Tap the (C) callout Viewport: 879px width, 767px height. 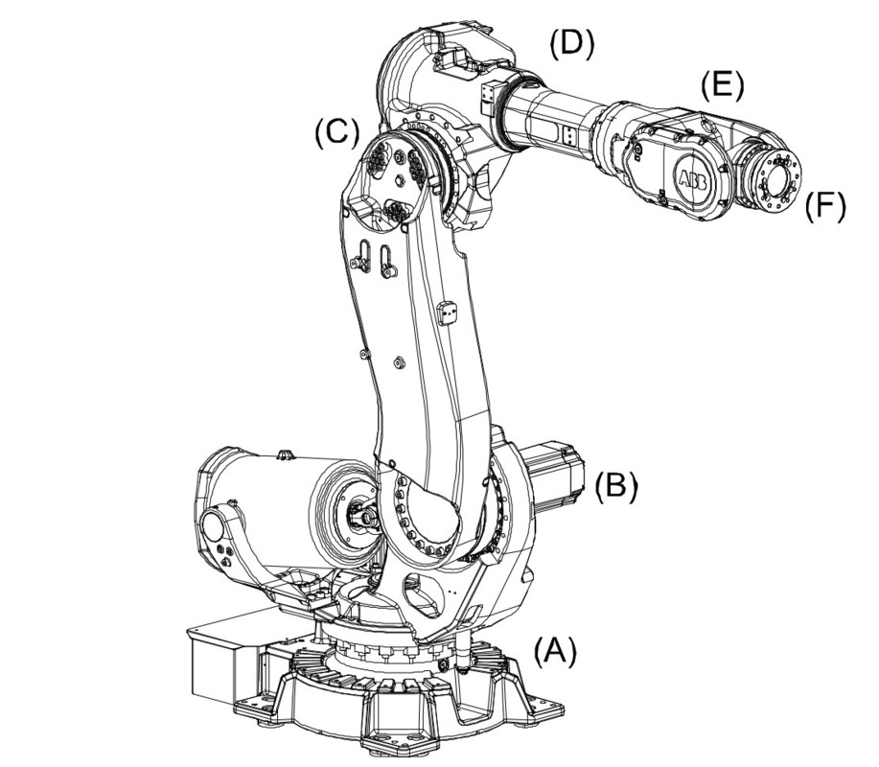click(336, 134)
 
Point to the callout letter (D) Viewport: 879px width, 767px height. click(571, 42)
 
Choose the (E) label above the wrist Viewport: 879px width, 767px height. click(722, 86)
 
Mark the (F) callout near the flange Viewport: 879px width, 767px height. click(825, 204)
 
